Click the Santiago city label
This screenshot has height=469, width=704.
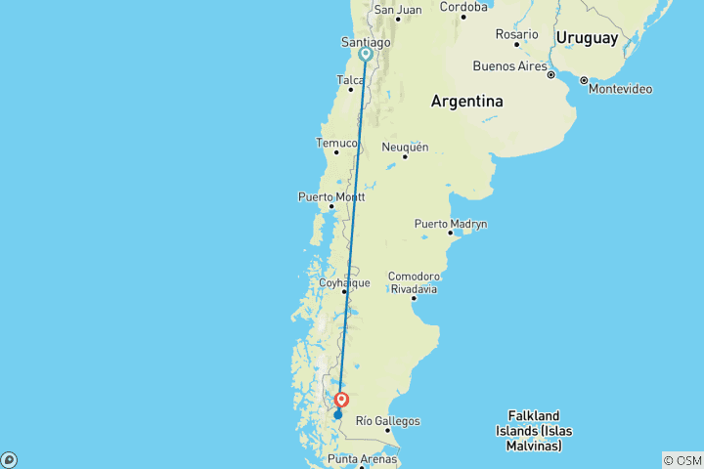365,42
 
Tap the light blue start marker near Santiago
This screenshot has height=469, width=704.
365,55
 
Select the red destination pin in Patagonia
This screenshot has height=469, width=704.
342,400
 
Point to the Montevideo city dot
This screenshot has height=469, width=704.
584,80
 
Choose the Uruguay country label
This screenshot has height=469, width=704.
587,38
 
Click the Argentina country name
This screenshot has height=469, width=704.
467,102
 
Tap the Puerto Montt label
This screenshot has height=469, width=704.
330,196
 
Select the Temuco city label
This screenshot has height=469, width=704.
336,143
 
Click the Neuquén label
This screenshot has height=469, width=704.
405,147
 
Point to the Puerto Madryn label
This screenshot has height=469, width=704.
451,224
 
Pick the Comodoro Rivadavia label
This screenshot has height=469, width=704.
413,282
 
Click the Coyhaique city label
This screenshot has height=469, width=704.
345,282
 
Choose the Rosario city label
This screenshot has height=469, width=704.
517,34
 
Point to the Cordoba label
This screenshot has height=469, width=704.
463,6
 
